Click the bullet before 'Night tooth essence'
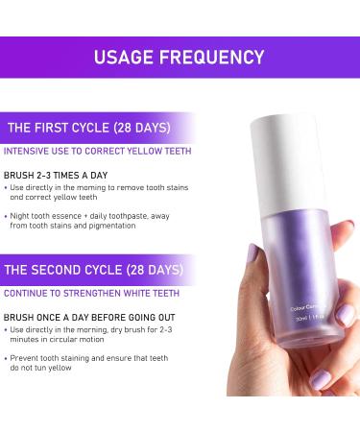10,216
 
